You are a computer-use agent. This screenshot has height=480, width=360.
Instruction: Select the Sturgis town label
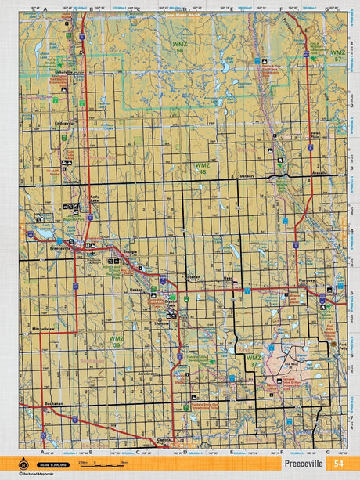point(129,253)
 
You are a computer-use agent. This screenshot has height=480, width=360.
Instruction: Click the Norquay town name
point(307,280)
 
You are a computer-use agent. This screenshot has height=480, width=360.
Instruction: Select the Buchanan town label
point(54,403)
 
